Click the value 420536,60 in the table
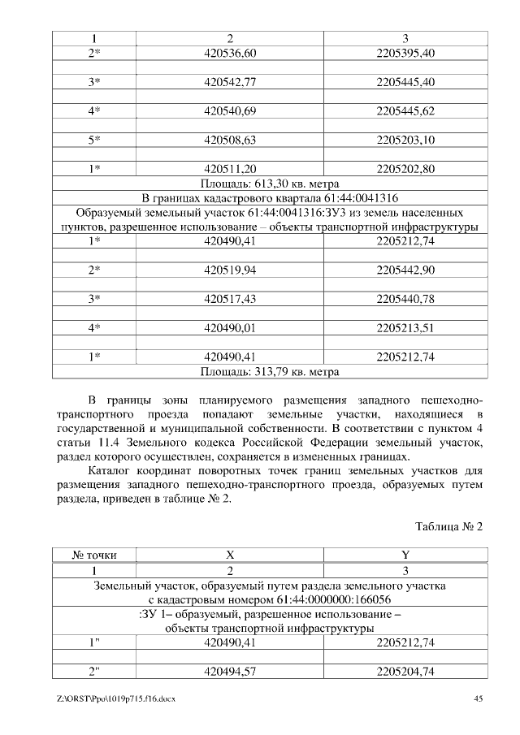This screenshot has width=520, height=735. pyautogui.click(x=230, y=53)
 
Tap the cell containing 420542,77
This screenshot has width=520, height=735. pyautogui.click(x=230, y=82)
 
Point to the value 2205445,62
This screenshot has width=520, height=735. pyautogui.click(x=406, y=111)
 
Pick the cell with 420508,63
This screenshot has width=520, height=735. pyautogui.click(x=230, y=141)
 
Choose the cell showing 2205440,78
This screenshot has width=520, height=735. pyautogui.click(x=406, y=300)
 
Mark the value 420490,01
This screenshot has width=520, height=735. pyautogui.click(x=230, y=328)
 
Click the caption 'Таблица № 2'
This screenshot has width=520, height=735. pyautogui.click(x=449, y=526)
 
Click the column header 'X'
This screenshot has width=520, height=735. pyautogui.click(x=230, y=556)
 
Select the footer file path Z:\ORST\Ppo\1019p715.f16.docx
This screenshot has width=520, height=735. pyautogui.click(x=117, y=698)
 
